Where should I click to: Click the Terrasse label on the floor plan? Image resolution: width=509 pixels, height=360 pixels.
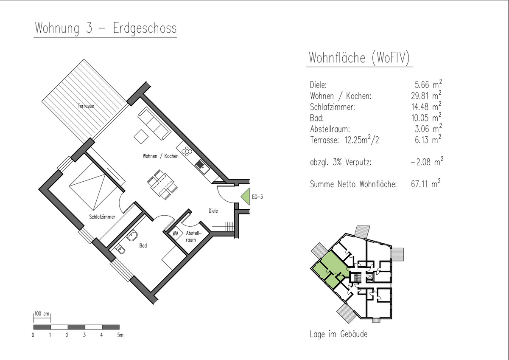tap(86, 106)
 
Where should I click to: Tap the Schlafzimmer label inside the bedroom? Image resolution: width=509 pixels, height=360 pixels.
tap(102, 217)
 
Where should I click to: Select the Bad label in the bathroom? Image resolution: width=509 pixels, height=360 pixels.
tap(143, 246)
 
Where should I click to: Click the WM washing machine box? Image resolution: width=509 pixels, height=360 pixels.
tap(176, 234)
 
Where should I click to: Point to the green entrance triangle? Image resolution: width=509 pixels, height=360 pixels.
tap(246, 197)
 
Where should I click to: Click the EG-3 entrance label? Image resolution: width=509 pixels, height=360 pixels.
tap(257, 197)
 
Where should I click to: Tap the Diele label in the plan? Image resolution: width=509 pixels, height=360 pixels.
tap(213, 211)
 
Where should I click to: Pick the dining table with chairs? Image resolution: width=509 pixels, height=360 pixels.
tap(162, 184)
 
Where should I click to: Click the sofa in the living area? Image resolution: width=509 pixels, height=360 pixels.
tap(154, 124)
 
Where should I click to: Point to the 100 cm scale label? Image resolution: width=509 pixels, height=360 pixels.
tap(42, 314)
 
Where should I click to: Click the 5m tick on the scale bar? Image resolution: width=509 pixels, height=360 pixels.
tap(120, 335)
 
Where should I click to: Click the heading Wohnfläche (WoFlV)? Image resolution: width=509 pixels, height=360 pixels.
tap(359, 58)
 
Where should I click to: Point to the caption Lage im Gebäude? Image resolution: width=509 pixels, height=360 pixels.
tap(338, 334)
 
